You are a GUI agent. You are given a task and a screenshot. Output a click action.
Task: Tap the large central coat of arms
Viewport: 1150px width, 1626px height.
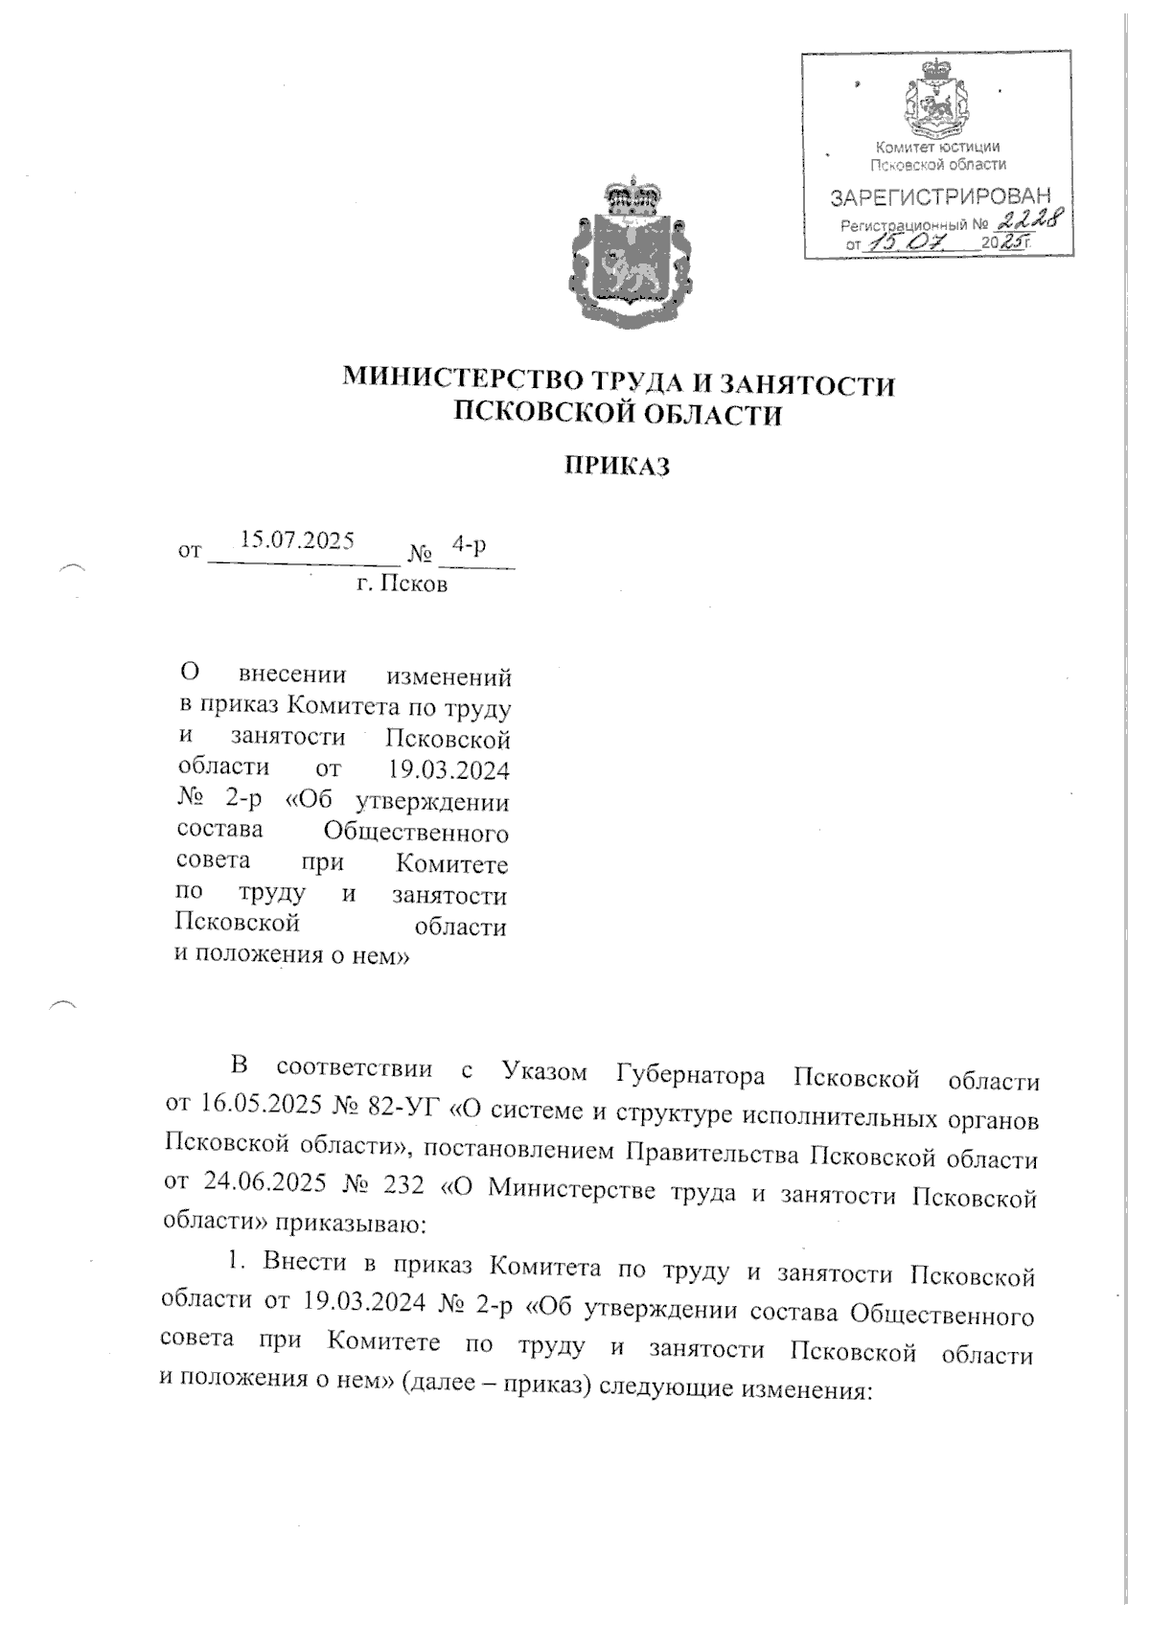coord(632,253)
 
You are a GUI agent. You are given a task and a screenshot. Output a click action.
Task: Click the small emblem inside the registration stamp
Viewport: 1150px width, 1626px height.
coord(938,98)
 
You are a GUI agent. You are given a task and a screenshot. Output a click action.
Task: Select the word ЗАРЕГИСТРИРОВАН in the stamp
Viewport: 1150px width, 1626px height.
coord(939,198)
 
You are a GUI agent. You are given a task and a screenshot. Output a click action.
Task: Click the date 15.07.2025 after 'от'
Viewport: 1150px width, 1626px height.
coord(297,540)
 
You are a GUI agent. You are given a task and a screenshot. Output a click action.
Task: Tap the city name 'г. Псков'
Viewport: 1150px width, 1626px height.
coord(402,584)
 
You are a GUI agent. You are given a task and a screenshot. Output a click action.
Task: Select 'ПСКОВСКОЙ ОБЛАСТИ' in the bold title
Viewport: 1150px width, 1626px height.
coord(617,415)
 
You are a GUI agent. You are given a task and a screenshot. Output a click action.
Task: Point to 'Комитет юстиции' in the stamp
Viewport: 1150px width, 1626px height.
coord(938,147)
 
